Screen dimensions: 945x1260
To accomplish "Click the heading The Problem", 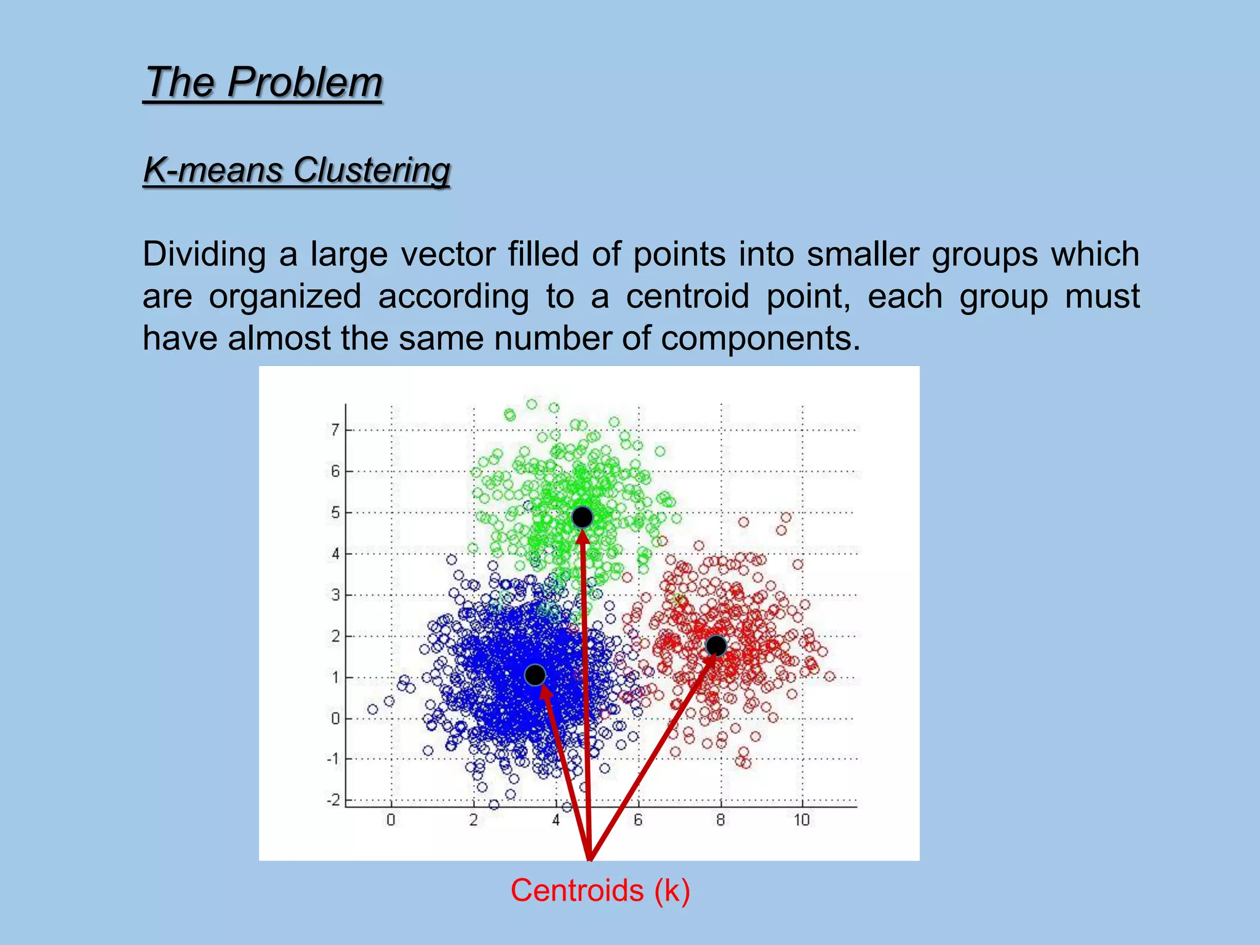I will (263, 82).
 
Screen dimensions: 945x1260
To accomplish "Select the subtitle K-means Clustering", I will (297, 170).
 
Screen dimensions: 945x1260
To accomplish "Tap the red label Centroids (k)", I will (600, 890).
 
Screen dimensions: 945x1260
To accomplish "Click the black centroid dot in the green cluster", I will (582, 517).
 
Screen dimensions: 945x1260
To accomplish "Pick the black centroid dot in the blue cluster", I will (535, 675).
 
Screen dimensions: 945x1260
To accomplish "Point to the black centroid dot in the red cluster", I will (716, 645).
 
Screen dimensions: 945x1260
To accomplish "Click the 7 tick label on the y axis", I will (335, 429).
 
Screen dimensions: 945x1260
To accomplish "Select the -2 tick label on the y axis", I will (333, 800).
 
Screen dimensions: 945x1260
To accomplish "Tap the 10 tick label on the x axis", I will (801, 820).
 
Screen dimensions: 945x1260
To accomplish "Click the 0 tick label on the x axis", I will (391, 820).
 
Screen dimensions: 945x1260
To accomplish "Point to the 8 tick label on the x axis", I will (720, 820).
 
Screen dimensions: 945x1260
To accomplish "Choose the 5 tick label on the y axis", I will (335, 512).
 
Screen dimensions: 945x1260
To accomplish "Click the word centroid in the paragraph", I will (687, 297).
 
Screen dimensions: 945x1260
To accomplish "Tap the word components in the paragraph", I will (760, 338).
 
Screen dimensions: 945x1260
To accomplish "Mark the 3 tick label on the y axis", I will (335, 595).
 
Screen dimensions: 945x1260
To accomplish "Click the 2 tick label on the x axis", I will (473, 820).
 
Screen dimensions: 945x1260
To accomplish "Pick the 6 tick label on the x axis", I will (638, 820).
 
